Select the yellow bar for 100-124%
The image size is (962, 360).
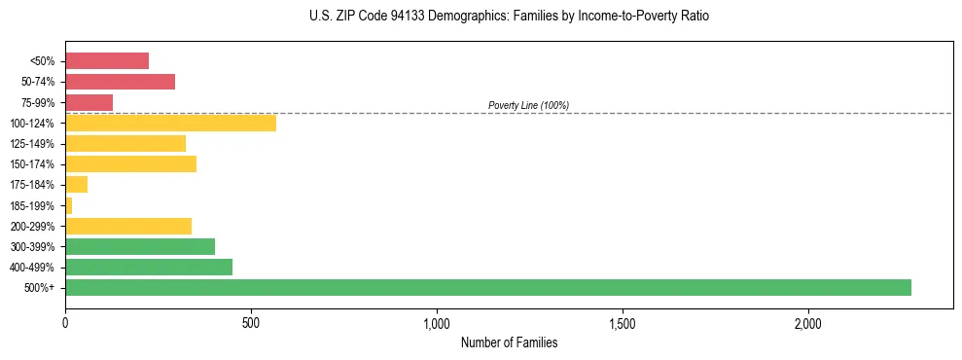click(170, 124)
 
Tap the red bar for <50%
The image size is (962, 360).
click(107, 61)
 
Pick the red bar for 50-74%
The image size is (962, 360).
click(120, 82)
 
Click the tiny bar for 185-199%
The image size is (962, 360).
click(69, 205)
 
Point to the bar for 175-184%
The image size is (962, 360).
click(77, 185)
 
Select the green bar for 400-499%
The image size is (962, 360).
click(149, 268)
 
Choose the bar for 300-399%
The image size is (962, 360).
click(140, 247)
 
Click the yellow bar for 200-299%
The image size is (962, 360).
click(128, 227)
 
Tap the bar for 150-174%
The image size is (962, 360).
click(130, 164)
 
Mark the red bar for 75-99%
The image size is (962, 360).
click(89, 102)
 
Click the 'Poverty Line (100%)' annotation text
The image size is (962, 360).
click(528, 105)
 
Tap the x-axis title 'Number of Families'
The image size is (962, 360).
click(509, 343)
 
